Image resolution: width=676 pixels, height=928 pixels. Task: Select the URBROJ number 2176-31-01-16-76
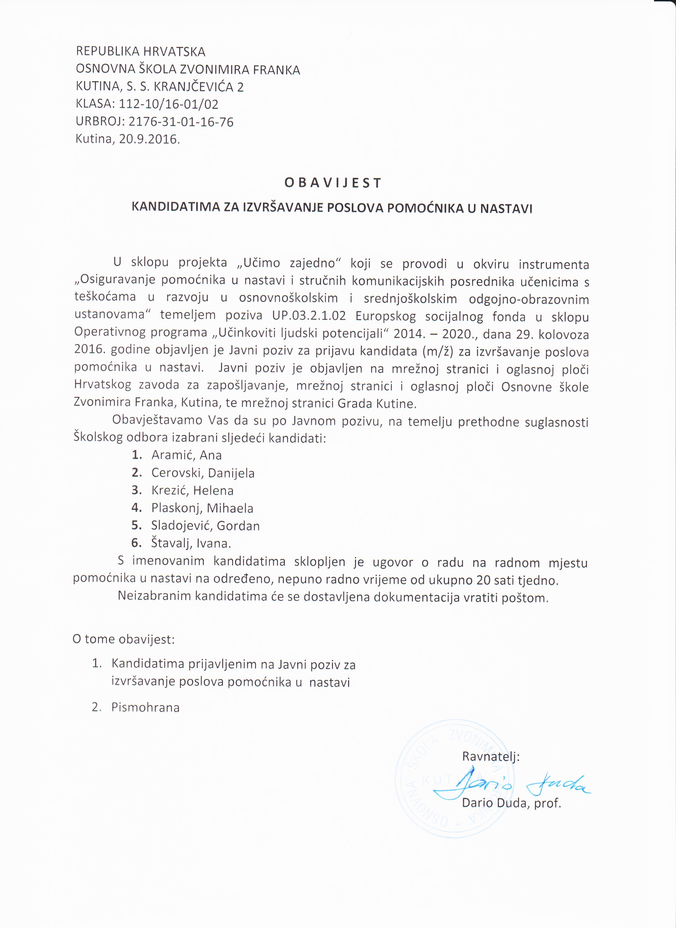click(181, 122)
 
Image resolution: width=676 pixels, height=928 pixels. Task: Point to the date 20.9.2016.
click(149, 139)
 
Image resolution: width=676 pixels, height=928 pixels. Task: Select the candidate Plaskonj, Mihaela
click(202, 508)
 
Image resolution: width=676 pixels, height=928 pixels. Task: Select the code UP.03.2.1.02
click(309, 316)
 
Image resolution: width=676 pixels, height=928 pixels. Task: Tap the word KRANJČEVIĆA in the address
click(194, 87)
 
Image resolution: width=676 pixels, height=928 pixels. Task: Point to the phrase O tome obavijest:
click(124, 639)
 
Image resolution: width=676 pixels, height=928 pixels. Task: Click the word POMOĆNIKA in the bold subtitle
click(425, 208)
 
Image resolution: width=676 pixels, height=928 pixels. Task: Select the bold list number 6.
click(136, 543)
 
